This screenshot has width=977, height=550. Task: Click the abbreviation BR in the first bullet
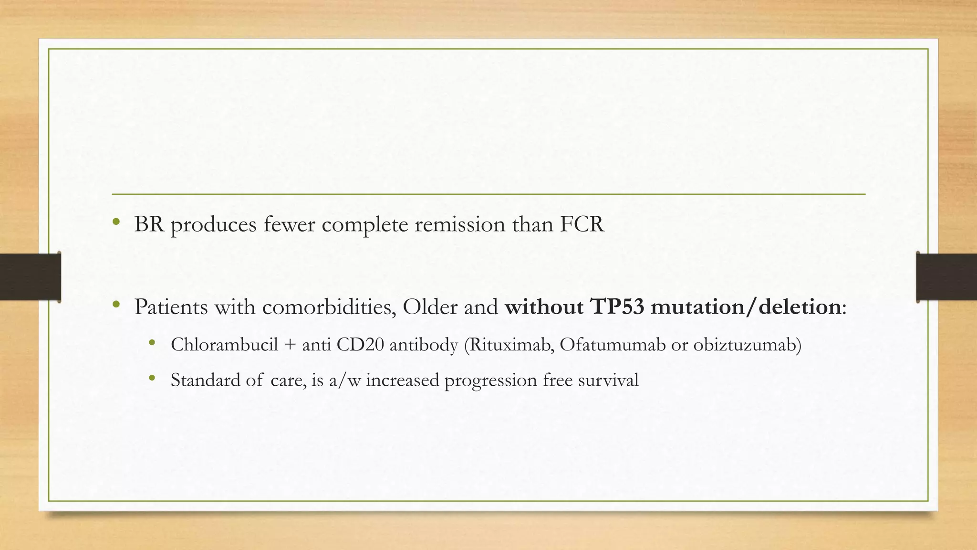[149, 224]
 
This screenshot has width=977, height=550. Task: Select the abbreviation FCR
[582, 224]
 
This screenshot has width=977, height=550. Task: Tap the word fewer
[289, 224]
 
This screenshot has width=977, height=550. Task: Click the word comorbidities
[329, 307]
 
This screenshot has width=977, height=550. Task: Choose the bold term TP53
[617, 307]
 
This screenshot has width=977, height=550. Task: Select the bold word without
[544, 307]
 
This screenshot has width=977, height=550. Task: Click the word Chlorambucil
[224, 344]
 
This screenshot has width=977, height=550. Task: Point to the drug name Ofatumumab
[613, 344]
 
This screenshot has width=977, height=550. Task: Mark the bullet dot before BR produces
[116, 222]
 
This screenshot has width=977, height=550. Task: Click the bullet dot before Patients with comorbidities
[116, 305]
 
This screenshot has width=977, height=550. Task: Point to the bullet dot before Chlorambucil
[152, 342]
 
